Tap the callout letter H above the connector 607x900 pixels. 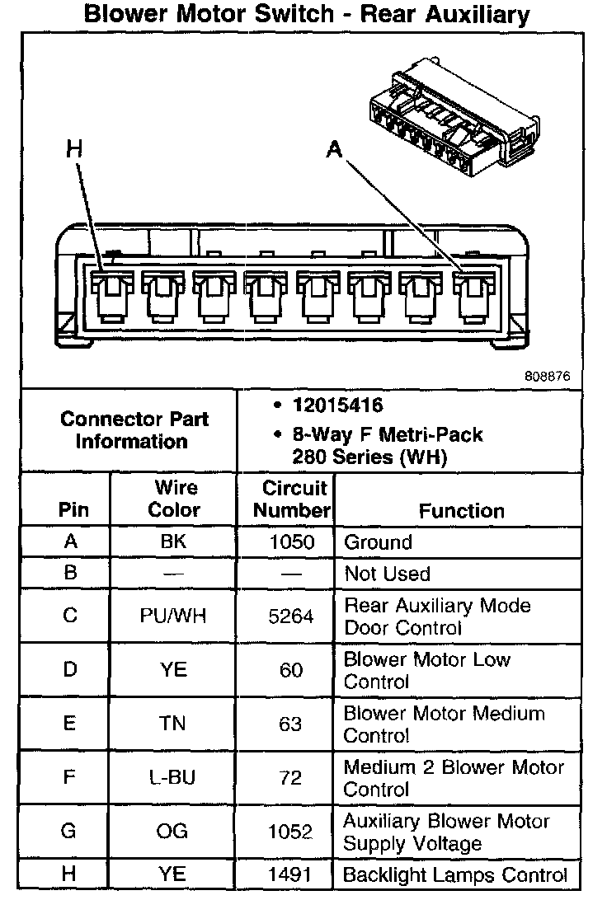pyautogui.click(x=75, y=149)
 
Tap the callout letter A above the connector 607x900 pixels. pyautogui.click(x=334, y=149)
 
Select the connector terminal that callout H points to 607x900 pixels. pyautogui.click(x=110, y=296)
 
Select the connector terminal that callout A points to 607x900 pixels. pyautogui.click(x=472, y=296)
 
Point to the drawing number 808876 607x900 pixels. pyautogui.click(x=547, y=376)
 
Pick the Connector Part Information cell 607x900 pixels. pyautogui.click(x=134, y=429)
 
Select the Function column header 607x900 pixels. pyautogui.click(x=461, y=511)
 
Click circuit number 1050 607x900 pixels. pyautogui.click(x=291, y=542)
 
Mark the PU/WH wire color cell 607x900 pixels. pyautogui.click(x=173, y=616)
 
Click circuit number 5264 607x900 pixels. pyautogui.click(x=291, y=616)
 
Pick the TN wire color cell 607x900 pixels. pyautogui.click(x=173, y=724)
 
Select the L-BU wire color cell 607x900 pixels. pyautogui.click(x=173, y=777)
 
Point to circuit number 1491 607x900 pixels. pyautogui.click(x=291, y=874)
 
